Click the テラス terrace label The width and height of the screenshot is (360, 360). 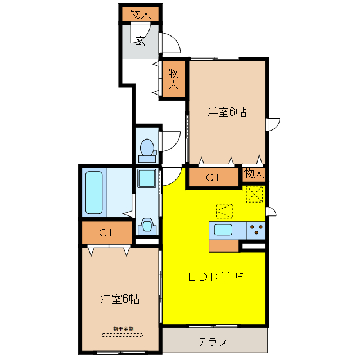click(x=213, y=341)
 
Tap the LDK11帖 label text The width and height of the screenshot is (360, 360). click(x=215, y=277)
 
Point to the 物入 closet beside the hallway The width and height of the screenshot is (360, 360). click(x=174, y=79)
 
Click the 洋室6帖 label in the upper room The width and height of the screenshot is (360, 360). click(x=226, y=112)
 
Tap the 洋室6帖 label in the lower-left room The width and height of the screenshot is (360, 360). click(x=120, y=299)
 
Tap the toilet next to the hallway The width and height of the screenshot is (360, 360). click(x=147, y=148)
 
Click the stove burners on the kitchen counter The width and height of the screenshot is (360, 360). click(x=256, y=229)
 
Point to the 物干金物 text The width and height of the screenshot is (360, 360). click(x=123, y=328)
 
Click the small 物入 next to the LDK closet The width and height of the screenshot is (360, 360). click(x=254, y=173)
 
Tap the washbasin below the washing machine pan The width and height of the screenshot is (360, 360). click(x=147, y=227)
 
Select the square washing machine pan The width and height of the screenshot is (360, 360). click(x=148, y=181)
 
